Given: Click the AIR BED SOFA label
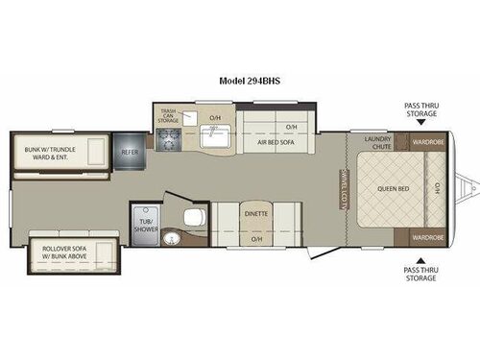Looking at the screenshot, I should tap(274, 142).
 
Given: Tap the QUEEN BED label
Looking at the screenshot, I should tap(393, 188).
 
